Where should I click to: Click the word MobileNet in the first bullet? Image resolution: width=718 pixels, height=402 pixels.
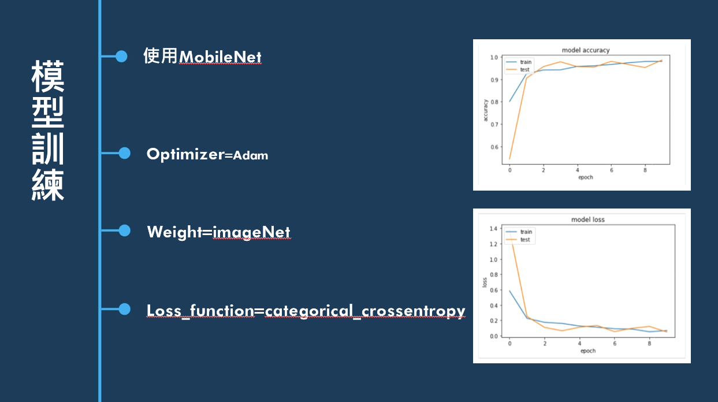coord(220,57)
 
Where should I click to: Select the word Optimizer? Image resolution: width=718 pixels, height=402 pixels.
coord(185,154)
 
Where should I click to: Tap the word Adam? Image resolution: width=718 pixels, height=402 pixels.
coord(250,155)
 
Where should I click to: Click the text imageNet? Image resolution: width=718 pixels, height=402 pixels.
coord(251,232)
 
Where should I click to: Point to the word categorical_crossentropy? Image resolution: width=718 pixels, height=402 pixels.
coord(365,311)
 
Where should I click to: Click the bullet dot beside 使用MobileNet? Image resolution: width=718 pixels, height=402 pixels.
coord(121,56)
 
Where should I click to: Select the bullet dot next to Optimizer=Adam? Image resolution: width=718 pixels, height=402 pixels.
coord(124,153)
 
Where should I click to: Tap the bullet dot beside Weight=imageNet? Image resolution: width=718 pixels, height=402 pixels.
coord(124,230)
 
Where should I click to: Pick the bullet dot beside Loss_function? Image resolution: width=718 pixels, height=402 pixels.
coord(124,310)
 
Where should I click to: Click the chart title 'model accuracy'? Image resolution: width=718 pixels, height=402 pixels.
coord(586,50)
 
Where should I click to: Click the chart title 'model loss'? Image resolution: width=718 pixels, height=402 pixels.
coord(587,219)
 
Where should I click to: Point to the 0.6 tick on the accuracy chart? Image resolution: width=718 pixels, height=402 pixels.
coord(494,147)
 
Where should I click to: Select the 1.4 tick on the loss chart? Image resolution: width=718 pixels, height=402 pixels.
coord(493,229)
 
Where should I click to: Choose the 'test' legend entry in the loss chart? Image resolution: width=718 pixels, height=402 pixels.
coord(524,240)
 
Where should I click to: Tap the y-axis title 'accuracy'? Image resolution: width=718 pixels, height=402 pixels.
coord(486,110)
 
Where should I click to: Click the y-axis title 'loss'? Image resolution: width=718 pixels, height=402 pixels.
coord(485,282)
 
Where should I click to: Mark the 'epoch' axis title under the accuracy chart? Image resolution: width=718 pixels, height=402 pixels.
coord(585,177)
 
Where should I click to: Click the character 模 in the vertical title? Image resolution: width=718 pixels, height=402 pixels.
coord(48,76)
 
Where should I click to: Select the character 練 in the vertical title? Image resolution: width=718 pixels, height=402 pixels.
coord(48,184)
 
